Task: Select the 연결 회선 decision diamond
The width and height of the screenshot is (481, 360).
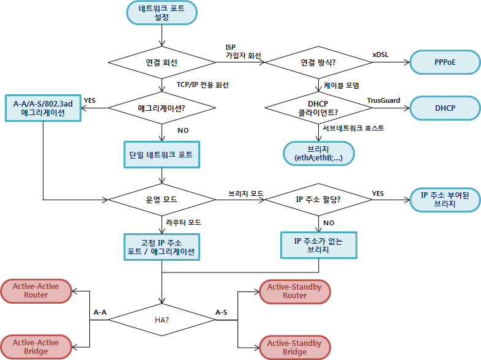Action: click(162, 62)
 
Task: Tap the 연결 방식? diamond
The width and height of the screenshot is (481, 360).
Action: click(318, 62)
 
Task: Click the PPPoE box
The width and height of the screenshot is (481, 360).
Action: click(445, 62)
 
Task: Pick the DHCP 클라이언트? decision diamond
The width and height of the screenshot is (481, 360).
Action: click(318, 108)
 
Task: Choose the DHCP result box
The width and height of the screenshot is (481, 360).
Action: click(445, 108)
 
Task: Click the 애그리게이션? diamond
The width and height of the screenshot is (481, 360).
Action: click(162, 108)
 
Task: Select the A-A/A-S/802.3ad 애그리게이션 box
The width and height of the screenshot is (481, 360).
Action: click(43, 108)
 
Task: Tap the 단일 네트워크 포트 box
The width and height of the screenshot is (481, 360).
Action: click(162, 155)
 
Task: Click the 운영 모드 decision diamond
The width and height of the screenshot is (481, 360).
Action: click(162, 200)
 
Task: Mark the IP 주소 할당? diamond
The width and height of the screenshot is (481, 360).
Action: click(318, 200)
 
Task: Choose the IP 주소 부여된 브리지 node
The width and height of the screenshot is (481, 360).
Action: click(445, 200)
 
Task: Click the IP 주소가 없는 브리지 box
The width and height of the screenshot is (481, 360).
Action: click(318, 245)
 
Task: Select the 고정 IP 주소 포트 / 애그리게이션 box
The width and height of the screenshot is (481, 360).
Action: click(162, 246)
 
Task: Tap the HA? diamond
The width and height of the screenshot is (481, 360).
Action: click(162, 320)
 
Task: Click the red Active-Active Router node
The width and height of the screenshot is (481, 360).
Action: click(36, 291)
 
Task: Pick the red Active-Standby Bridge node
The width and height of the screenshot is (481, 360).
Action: click(294, 348)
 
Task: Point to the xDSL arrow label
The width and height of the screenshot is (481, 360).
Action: click(380, 54)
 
